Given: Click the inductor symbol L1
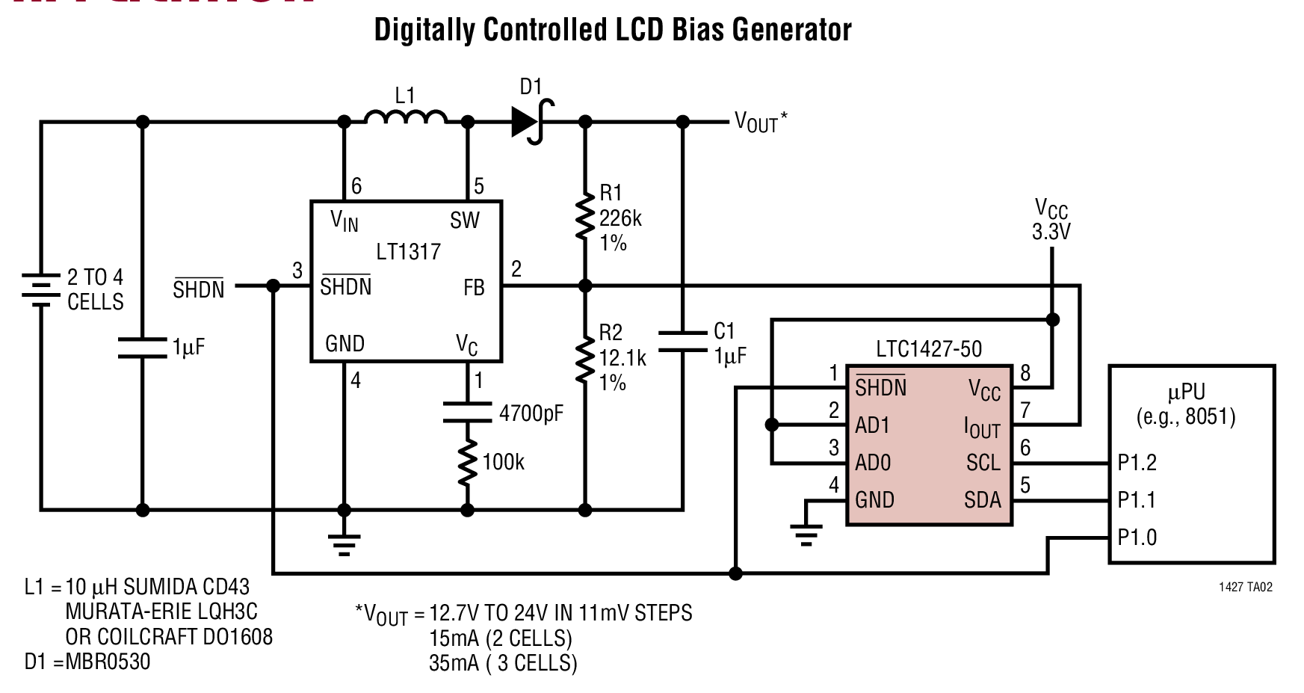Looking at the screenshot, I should pyautogui.click(x=406, y=118).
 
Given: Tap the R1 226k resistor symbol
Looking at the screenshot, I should pyautogui.click(x=584, y=217).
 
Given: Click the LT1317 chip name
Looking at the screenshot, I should pyautogui.click(x=408, y=251).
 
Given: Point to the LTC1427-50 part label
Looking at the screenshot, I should pyautogui.click(x=929, y=349).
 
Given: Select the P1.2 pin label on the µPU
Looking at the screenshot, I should pyautogui.click(x=1137, y=463).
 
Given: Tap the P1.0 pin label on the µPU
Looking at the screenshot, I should pyautogui.click(x=1137, y=537).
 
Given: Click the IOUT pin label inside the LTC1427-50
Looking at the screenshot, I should pyautogui.click(x=981, y=428).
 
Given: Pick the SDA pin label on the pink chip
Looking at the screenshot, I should pyautogui.click(x=982, y=499).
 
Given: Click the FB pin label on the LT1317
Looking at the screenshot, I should pyautogui.click(x=474, y=288).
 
